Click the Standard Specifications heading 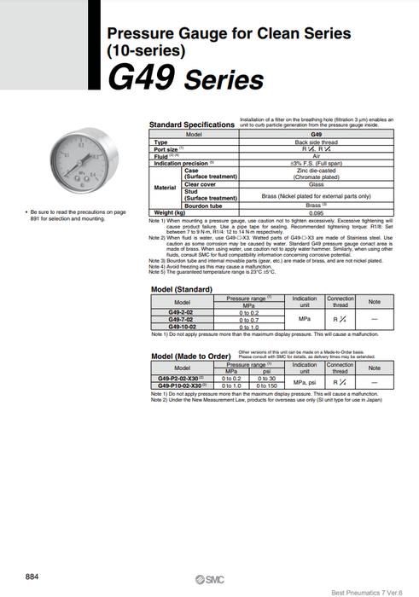[x=191, y=125]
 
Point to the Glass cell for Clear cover [x=315, y=184]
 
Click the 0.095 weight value [x=315, y=212]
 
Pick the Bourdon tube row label [x=203, y=206]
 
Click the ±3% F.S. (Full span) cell [x=315, y=162]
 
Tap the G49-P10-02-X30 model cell [x=183, y=385]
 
